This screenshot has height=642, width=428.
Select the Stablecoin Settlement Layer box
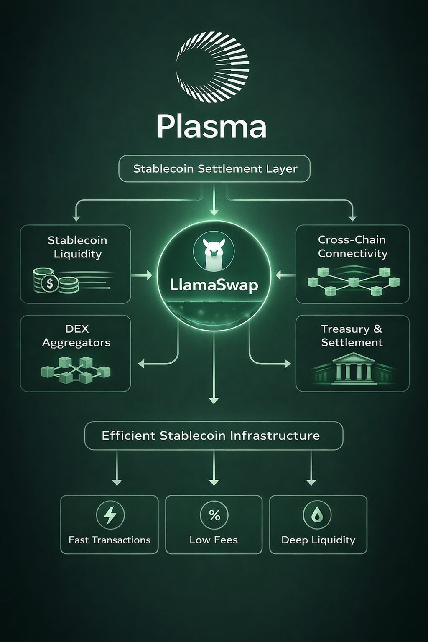tap(214, 169)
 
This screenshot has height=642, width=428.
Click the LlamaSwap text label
tap(214, 285)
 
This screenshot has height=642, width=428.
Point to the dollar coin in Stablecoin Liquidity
tap(50, 284)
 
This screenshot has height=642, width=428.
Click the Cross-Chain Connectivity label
tap(352, 247)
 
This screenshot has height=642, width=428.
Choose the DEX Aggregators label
tap(76, 336)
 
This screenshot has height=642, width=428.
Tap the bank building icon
tap(352, 368)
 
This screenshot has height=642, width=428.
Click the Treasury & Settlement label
tap(352, 336)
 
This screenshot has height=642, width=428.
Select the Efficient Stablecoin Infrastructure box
tap(214, 436)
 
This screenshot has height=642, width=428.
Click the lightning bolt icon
tap(110, 515)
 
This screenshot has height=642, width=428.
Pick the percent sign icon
tap(214, 515)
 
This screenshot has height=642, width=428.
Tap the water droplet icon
tap(317, 515)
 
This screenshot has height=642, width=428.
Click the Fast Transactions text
tap(110, 540)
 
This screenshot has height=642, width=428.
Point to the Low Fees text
tap(214, 540)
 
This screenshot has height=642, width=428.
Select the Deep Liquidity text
tap(318, 540)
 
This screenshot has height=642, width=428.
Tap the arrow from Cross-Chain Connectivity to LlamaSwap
tap(285, 275)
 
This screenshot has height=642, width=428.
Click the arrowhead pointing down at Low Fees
tap(214, 482)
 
